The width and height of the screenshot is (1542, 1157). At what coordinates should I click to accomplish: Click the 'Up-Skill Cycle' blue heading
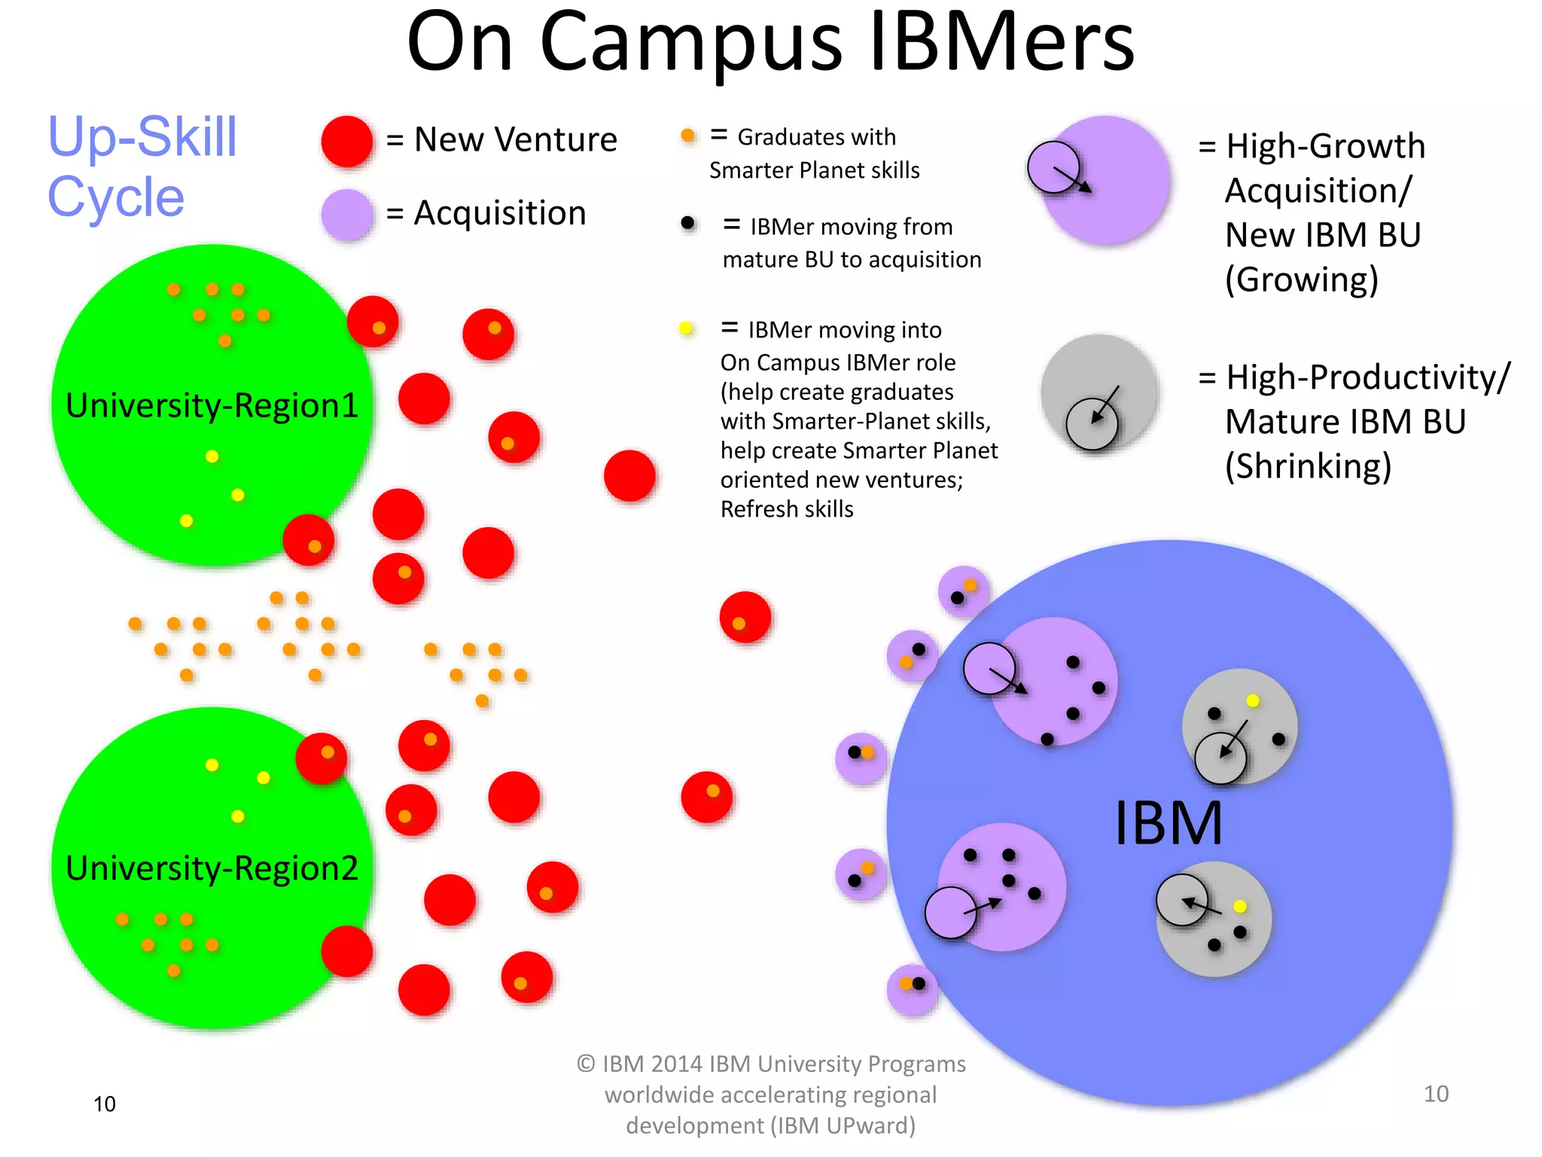142,167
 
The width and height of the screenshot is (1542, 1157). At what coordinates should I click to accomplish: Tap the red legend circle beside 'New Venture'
346,141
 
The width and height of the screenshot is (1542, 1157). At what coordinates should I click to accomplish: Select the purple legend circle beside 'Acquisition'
346,214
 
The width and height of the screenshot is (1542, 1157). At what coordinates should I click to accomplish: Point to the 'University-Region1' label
212,405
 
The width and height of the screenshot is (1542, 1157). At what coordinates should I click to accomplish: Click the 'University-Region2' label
212,869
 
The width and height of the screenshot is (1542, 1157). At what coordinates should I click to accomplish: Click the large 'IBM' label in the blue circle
1168,823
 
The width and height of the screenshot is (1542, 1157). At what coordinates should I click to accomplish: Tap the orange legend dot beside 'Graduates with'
687,136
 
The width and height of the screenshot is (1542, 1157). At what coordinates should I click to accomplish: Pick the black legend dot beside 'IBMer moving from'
687,223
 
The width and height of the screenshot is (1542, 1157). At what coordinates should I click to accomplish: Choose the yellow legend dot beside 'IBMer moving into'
686,328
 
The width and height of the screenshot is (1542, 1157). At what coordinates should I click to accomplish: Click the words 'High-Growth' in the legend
1325,146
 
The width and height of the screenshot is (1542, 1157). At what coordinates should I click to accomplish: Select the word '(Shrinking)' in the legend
1308,466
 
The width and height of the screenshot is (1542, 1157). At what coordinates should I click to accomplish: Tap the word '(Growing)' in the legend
1302,279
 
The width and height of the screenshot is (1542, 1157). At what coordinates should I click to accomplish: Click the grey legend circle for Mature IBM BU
1099,392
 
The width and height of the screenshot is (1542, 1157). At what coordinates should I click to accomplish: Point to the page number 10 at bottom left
105,1104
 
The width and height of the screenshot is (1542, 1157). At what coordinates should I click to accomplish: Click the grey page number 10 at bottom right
1436,1094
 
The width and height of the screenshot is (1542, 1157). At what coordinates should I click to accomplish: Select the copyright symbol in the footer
587,1064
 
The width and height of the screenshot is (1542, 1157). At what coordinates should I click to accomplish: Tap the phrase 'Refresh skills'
787,509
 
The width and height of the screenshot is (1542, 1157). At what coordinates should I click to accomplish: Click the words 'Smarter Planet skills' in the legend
814,170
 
